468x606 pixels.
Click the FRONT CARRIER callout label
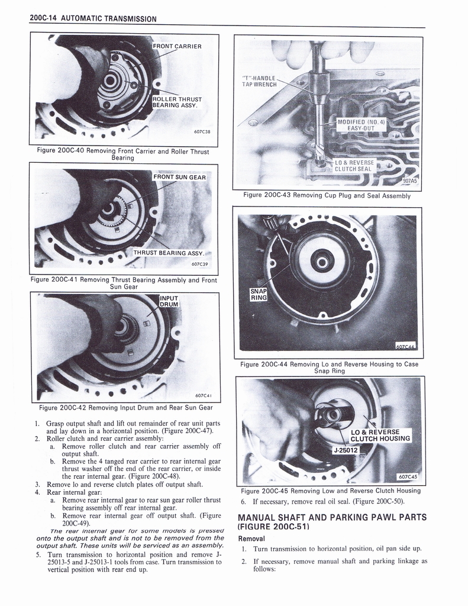[x=177, y=46]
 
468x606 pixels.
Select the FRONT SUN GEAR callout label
[x=179, y=177]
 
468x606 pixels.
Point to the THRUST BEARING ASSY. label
[x=168, y=253]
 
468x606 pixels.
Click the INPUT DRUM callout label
[x=169, y=300]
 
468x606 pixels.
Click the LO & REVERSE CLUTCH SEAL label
[x=353, y=165]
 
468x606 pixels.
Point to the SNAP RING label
[x=259, y=294]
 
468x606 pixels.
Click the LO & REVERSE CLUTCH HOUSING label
[x=380, y=435]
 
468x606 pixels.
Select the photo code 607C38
[x=203, y=132]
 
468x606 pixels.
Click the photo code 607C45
[x=408, y=476]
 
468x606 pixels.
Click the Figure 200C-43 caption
[x=327, y=195]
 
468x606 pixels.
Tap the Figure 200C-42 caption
[x=125, y=407]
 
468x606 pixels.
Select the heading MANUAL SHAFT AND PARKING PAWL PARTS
[x=331, y=521]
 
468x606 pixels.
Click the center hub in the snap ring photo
[x=322, y=260]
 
